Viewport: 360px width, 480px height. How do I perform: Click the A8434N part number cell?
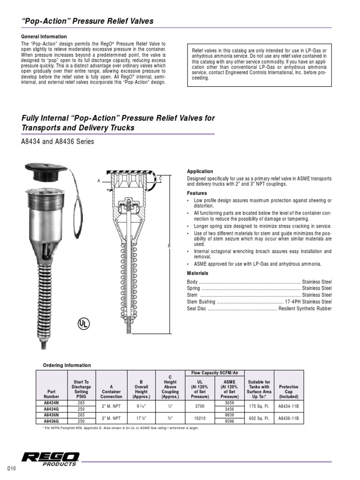pyautogui.click(x=51, y=402)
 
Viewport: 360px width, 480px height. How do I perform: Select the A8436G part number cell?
pyautogui.click(x=51, y=420)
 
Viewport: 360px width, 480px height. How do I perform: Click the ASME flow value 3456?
pyautogui.click(x=229, y=409)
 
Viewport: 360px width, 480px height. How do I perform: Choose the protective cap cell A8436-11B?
pyautogui.click(x=288, y=418)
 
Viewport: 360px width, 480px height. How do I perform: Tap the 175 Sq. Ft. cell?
pyautogui.click(x=258, y=405)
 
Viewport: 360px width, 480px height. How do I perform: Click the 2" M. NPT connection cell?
pyautogui.click(x=111, y=405)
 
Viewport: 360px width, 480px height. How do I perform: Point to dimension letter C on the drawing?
pyautogui.click(x=160, y=178)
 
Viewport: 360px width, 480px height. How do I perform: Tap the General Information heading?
pyautogui.click(x=44, y=37)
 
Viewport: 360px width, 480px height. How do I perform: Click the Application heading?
pyautogui.click(x=200, y=172)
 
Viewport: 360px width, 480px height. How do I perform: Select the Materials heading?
pyautogui.click(x=197, y=273)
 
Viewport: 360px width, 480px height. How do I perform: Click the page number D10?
pyautogui.click(x=12, y=469)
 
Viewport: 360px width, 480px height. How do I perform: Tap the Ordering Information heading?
pyautogui.click(x=67, y=365)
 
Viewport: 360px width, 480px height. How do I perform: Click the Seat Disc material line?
pyautogui.click(x=259, y=308)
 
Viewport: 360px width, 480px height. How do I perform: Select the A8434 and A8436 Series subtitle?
pyautogui.click(x=58, y=142)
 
